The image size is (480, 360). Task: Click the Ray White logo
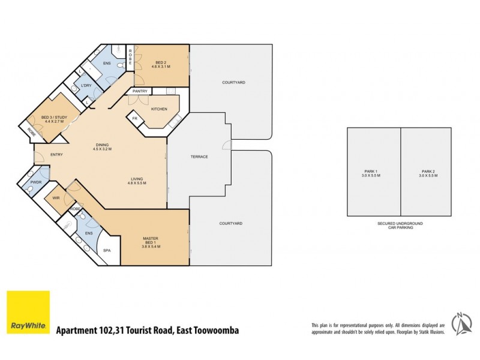28,313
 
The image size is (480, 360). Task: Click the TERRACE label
199,157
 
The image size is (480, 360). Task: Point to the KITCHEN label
159,109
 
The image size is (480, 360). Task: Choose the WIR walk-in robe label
56,197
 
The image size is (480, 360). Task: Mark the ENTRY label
56,154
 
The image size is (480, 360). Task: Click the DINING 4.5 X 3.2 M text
103,146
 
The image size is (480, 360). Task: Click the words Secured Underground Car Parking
400,226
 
